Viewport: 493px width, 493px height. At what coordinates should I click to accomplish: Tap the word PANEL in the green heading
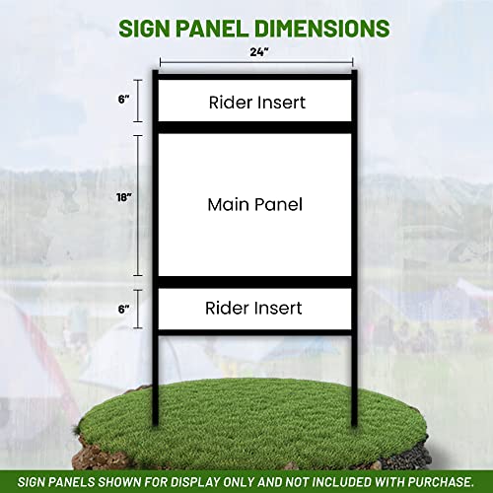coord(218,27)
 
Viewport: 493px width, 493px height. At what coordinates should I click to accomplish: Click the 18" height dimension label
coord(123,197)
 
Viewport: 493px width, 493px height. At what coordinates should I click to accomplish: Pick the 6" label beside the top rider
coord(123,100)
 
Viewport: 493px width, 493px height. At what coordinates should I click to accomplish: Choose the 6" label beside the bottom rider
coord(123,308)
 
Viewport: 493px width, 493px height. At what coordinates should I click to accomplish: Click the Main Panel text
coord(254,205)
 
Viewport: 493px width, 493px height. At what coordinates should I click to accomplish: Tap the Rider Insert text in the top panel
coord(256,102)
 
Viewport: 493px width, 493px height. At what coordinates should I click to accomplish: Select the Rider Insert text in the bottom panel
coord(254,308)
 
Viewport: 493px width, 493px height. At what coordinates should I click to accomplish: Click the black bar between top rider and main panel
coord(255,126)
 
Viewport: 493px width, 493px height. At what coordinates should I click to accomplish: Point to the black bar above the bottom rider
coord(255,282)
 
